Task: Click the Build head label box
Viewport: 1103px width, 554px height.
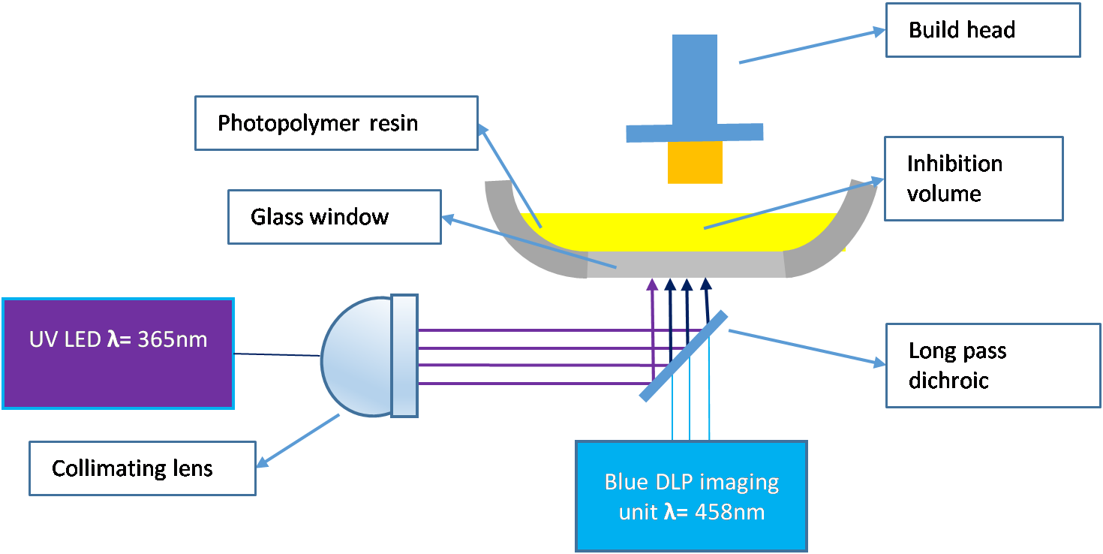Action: coord(982,30)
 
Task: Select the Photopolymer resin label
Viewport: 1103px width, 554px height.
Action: coord(335,122)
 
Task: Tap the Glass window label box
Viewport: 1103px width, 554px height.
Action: coord(334,217)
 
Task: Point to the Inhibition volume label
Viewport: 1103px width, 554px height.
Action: coord(973,179)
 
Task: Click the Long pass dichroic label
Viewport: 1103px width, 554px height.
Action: coord(992,366)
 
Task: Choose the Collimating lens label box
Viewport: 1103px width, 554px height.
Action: coord(143,469)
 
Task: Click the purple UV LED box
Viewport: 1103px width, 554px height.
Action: coord(118,354)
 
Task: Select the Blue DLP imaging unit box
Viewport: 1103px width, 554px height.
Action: coord(691,496)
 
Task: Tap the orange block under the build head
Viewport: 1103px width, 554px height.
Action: coord(695,162)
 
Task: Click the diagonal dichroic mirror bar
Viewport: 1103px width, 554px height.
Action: coord(683,356)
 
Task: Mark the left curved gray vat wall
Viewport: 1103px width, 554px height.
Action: coord(525,240)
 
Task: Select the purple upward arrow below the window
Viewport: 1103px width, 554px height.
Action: coord(653,315)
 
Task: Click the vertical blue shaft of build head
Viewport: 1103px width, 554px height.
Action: coord(695,79)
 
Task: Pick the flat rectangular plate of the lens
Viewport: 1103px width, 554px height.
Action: coord(404,356)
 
